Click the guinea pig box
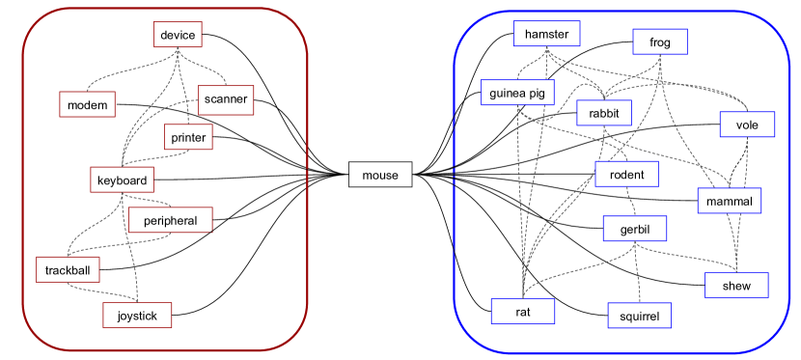click(x=517, y=93)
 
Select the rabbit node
click(x=604, y=113)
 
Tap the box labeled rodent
click(x=626, y=175)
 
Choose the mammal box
click(x=729, y=201)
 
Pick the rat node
click(x=522, y=311)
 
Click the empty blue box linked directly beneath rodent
click(x=634, y=228)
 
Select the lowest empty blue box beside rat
click(x=639, y=316)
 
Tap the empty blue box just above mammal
click(x=747, y=125)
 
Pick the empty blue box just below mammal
click(x=736, y=285)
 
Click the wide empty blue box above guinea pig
click(x=546, y=34)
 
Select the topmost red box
click(x=178, y=35)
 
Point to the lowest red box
click(x=137, y=315)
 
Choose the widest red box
click(x=170, y=220)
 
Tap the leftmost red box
click(x=68, y=269)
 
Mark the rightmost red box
click(x=226, y=100)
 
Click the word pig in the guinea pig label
click(x=538, y=94)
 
